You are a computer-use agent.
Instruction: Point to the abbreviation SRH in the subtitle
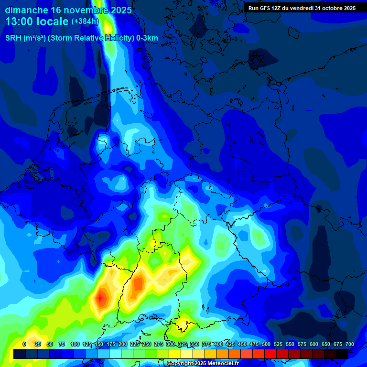pyautogui.click(x=13, y=38)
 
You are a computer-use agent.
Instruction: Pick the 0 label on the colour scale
pyautogui.click(x=24, y=344)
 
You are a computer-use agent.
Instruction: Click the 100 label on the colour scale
pyautogui.click(x=75, y=344)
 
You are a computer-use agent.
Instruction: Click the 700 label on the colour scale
pyautogui.click(x=350, y=344)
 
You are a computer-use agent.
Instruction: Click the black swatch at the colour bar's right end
pyautogui.click(x=342, y=354)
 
